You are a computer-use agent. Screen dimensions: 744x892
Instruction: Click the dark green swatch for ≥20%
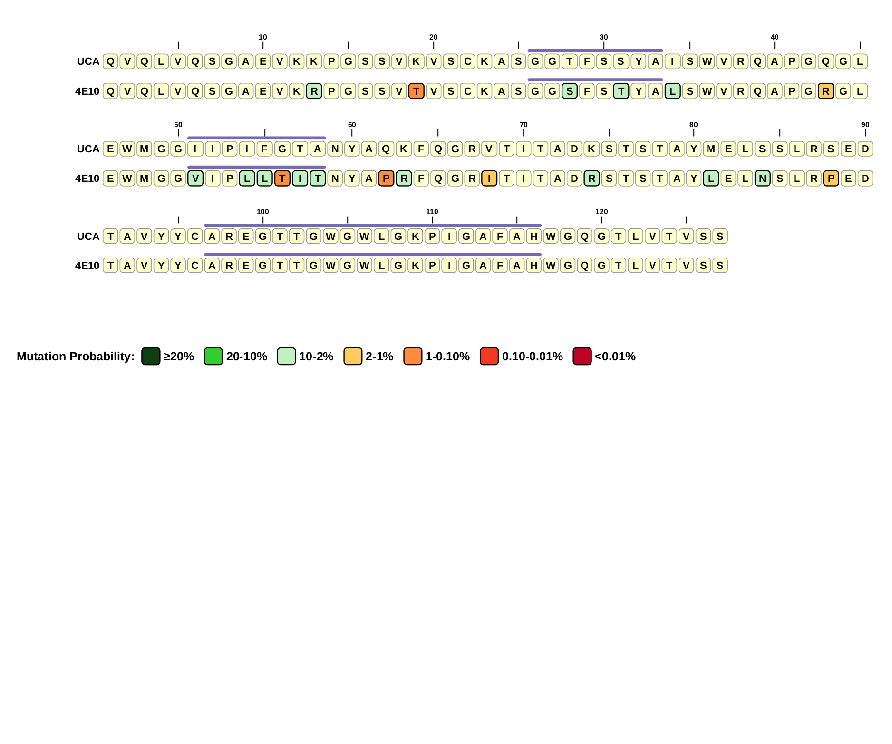(151, 357)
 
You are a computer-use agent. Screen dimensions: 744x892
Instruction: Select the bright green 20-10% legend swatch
(213, 357)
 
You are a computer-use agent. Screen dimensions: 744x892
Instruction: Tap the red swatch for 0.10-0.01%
(489, 357)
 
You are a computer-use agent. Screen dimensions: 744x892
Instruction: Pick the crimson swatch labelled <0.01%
(582, 357)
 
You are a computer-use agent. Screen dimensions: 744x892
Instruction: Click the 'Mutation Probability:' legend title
(76, 357)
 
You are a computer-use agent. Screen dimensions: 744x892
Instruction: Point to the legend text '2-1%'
(379, 357)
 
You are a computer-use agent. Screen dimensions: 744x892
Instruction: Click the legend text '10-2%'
(316, 357)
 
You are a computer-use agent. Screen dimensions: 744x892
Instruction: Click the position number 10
(263, 37)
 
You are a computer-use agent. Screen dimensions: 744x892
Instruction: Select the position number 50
(178, 125)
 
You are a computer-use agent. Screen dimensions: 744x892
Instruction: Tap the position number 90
(865, 125)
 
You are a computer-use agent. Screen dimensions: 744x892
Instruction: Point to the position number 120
(601, 212)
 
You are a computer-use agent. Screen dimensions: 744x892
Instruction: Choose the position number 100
(263, 212)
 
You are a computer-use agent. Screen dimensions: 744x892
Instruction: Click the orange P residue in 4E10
(386, 179)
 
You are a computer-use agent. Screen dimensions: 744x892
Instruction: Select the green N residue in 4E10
(762, 179)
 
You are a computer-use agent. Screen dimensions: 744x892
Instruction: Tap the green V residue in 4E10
(195, 179)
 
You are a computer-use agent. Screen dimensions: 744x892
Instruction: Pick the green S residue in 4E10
(570, 91)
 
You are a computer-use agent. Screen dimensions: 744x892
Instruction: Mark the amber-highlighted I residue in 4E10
(489, 179)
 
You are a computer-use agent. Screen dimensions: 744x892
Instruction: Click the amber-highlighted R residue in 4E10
(826, 91)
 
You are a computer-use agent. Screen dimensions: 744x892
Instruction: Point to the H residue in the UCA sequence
(534, 237)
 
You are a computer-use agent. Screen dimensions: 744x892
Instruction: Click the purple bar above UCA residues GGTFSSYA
(595, 50)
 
